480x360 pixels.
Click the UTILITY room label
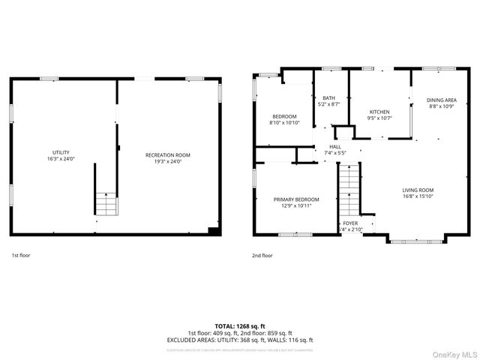[x=60, y=153]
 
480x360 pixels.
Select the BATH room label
[x=328, y=98]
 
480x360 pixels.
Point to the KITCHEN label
[x=379, y=112]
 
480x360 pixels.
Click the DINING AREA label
[x=441, y=100]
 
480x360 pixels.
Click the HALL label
[x=334, y=147]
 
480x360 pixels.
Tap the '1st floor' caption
[x=21, y=255]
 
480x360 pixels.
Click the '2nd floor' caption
[x=262, y=255]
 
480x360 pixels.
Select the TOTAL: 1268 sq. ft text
[x=240, y=327]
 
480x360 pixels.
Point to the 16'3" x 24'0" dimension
[x=60, y=159]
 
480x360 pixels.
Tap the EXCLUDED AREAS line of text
[x=240, y=340]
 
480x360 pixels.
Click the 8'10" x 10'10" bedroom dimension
[x=285, y=122]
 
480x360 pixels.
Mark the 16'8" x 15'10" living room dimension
[x=418, y=196]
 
